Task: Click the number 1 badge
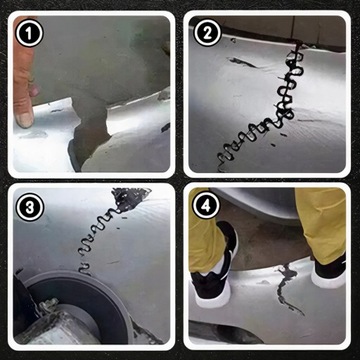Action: [29, 33]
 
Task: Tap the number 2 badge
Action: [207, 33]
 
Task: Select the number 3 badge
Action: [30, 207]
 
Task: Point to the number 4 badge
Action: [206, 207]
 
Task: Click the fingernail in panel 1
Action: [25, 120]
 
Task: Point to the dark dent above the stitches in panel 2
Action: [242, 62]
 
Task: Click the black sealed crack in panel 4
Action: [287, 287]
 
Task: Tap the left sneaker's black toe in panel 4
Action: [209, 284]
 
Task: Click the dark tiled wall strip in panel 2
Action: [283, 27]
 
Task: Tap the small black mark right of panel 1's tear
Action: [165, 127]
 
